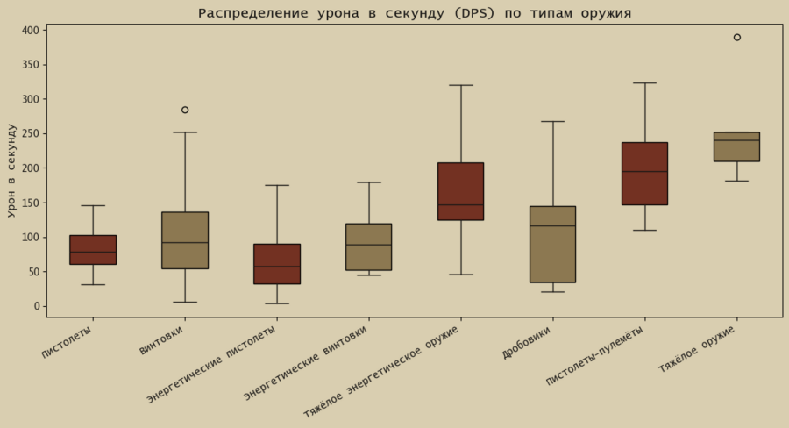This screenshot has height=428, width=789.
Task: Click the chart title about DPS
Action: [414, 13]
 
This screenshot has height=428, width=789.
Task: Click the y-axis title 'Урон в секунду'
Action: [11, 170]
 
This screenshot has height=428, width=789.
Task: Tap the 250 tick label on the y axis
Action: [31, 134]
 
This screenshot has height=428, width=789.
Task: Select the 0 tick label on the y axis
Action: [37, 306]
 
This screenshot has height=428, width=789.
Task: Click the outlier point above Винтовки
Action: [185, 110]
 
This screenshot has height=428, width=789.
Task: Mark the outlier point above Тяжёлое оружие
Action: [736, 38]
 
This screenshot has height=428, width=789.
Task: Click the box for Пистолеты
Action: [93, 250]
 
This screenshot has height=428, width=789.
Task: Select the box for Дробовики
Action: [552, 244]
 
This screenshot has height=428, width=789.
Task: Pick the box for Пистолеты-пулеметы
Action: [644, 174]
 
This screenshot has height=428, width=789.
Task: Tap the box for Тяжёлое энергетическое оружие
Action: [461, 191]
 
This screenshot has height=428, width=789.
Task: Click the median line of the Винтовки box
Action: [185, 242]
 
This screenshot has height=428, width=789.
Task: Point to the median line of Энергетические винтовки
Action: [369, 245]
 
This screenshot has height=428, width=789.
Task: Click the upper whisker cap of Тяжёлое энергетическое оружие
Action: [461, 85]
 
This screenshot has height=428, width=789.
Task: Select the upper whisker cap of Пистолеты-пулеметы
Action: [644, 83]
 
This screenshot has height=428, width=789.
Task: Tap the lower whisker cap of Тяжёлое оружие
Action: [736, 181]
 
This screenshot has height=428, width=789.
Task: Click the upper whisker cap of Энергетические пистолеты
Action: [277, 185]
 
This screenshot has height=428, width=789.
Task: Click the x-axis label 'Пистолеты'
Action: [68, 341]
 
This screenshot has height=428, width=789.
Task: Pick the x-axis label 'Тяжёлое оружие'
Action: [698, 349]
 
